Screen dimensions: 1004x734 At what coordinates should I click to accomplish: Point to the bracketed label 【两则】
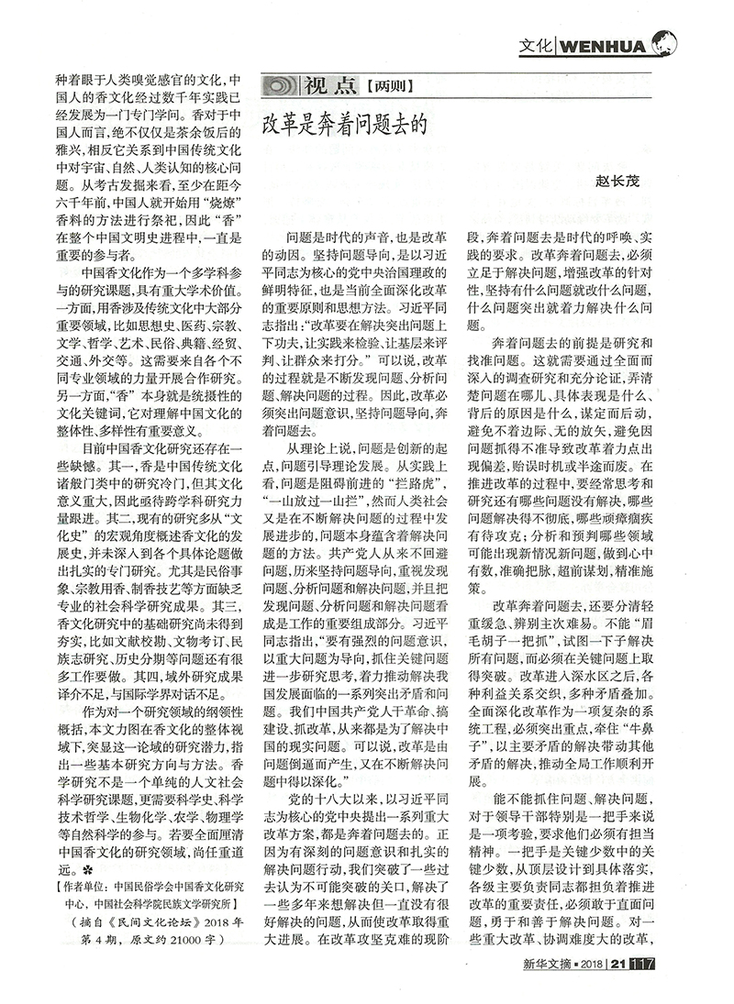[389, 88]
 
